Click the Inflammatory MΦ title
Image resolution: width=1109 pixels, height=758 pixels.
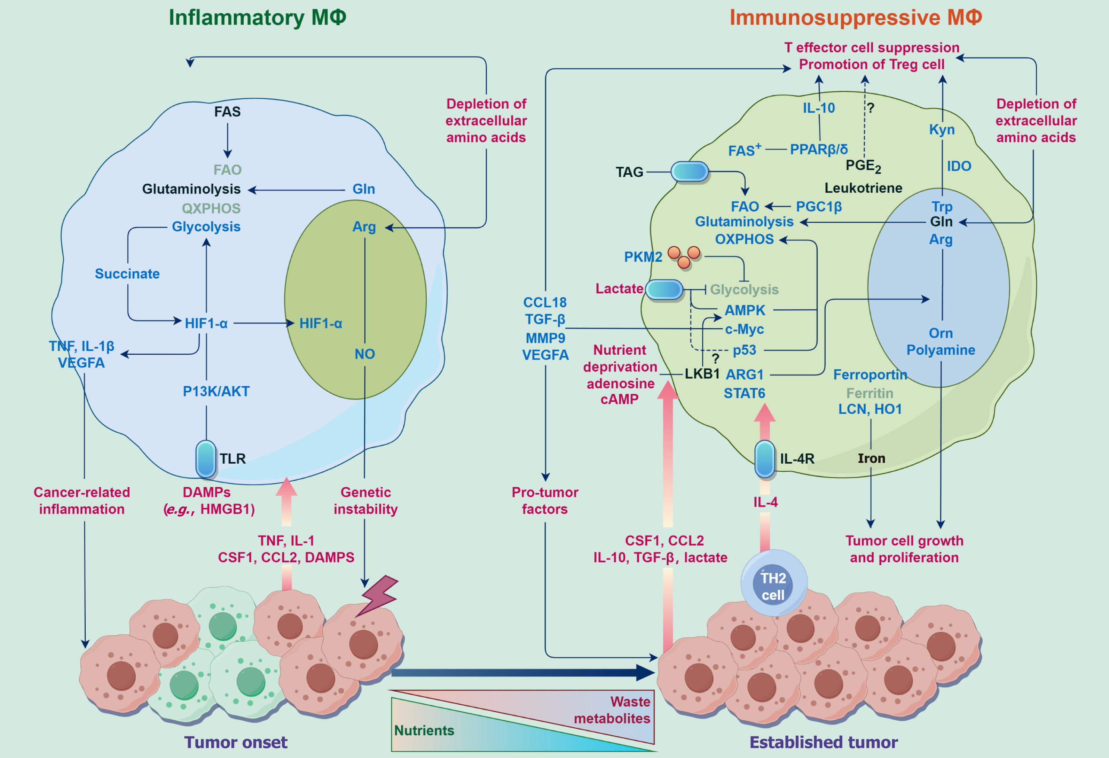click(257, 18)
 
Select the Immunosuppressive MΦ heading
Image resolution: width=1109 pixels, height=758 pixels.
click(855, 18)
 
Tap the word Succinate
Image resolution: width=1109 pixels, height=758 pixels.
click(127, 274)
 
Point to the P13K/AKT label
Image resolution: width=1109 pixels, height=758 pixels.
click(216, 391)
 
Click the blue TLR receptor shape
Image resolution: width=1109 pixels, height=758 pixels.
click(206, 459)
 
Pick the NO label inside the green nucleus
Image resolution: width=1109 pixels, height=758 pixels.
click(364, 354)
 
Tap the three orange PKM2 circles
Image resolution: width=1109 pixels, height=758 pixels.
click(684, 256)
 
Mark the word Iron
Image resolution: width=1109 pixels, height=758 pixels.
click(871, 458)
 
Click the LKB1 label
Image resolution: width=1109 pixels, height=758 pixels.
click(702, 374)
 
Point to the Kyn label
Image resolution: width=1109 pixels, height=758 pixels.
click(942, 129)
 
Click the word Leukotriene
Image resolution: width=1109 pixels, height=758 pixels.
click(863, 188)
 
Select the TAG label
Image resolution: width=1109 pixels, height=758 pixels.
click(629, 172)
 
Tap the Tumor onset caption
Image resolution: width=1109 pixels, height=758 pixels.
click(236, 742)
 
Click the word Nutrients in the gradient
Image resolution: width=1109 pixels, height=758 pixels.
click(424, 730)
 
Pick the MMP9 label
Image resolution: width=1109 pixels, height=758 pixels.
click(545, 338)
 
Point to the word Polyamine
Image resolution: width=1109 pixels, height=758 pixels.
click(941, 350)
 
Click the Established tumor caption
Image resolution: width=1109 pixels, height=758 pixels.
click(823, 742)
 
